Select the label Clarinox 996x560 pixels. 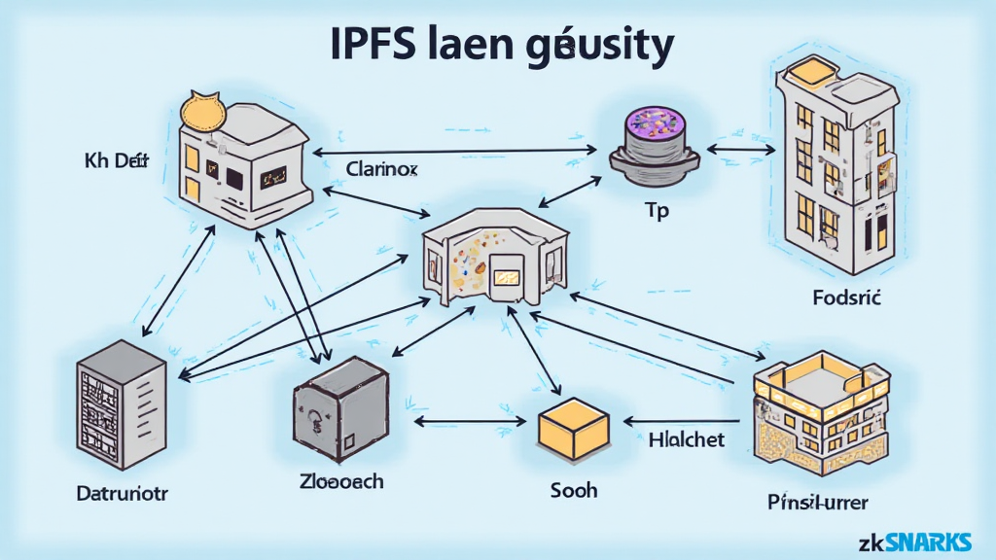(381, 168)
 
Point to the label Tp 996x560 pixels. (658, 211)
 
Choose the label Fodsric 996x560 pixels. (845, 298)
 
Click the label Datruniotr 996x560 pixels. (123, 493)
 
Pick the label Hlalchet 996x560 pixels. (686, 439)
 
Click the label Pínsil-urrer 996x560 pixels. (817, 503)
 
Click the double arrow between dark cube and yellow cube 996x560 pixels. (475, 422)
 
